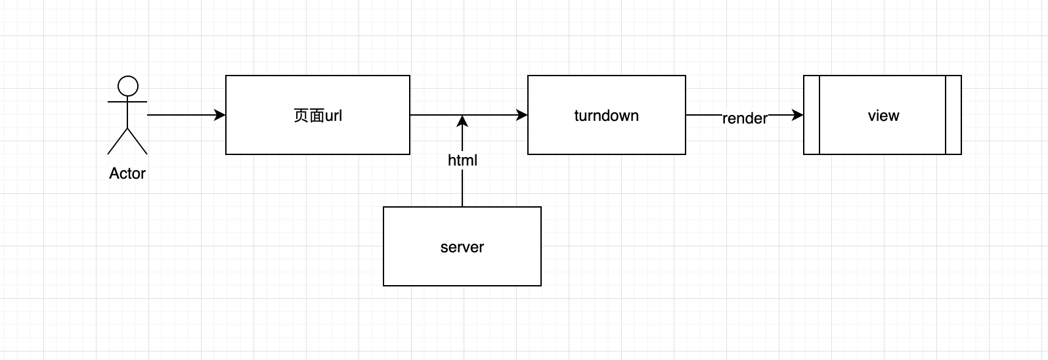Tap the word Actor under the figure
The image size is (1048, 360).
127,173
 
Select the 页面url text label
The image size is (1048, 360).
318,116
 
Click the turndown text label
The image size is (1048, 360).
606,116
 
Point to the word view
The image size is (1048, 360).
883,116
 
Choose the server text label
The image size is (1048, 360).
462,247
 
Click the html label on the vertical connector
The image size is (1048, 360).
462,160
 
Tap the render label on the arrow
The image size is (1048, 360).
745,118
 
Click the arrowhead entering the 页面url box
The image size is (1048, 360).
220,115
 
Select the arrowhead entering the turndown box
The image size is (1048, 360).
521,115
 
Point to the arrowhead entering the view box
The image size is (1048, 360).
798,115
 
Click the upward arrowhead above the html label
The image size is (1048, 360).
462,121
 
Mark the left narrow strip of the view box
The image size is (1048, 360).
812,115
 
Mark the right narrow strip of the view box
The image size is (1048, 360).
953,115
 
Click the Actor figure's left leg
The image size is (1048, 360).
118,141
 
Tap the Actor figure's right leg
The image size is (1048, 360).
137,141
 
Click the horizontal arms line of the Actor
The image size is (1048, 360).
127,102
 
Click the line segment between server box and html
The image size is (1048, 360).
462,188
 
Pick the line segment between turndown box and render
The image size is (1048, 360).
704,115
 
